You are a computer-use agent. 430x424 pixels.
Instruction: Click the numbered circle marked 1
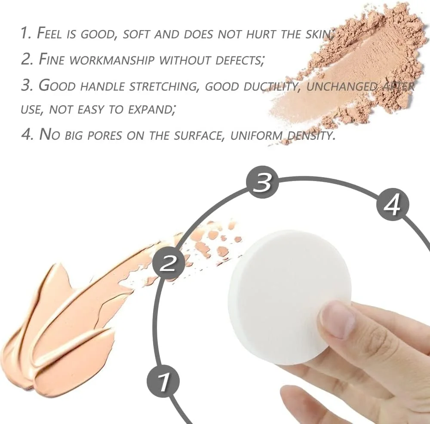click(163, 381)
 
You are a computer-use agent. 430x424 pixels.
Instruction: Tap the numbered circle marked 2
click(168, 263)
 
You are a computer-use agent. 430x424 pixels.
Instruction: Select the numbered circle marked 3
click(262, 182)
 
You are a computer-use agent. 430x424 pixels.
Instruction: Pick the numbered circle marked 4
click(393, 205)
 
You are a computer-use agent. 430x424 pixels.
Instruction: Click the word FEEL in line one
click(49, 34)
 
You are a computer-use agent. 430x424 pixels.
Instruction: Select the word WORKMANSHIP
click(111, 60)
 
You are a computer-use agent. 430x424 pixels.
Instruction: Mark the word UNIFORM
click(256, 135)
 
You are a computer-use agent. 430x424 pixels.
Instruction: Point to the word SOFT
click(137, 34)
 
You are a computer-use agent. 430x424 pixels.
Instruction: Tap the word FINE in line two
click(52, 59)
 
